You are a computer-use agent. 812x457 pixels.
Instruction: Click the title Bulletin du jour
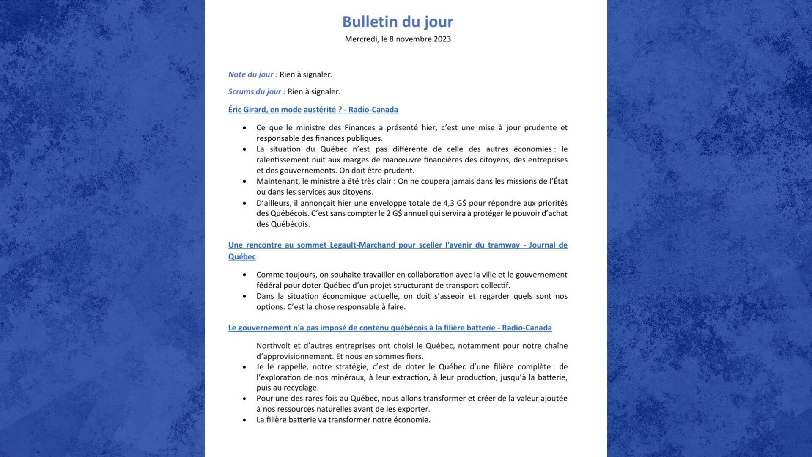(x=398, y=22)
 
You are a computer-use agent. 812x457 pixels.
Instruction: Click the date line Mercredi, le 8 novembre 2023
(x=398, y=39)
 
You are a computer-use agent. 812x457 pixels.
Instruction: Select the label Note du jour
(x=252, y=74)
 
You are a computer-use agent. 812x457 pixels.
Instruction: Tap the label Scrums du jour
(x=256, y=91)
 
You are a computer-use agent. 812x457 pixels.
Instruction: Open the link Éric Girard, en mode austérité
(x=313, y=110)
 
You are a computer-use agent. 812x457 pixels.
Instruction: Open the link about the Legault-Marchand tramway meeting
(x=398, y=245)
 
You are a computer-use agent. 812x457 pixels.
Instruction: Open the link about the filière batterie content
(x=390, y=328)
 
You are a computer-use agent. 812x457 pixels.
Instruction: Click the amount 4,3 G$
(x=455, y=203)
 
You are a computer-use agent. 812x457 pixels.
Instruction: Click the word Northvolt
(x=273, y=346)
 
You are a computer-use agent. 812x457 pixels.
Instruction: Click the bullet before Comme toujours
(x=244, y=275)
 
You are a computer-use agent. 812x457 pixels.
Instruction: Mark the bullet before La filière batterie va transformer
(x=244, y=420)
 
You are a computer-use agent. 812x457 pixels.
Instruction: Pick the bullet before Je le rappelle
(x=244, y=367)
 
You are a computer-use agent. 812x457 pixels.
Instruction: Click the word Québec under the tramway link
(x=242, y=257)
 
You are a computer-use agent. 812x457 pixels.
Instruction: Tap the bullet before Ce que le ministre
(x=244, y=128)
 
